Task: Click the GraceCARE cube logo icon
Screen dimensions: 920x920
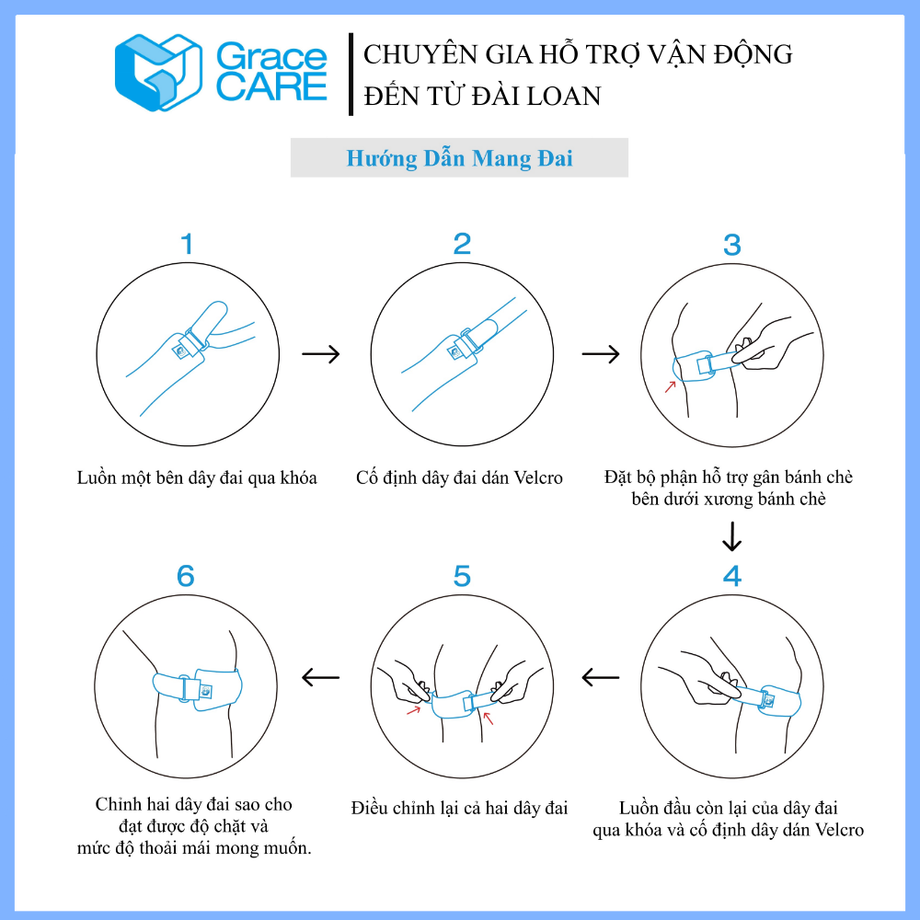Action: (158, 72)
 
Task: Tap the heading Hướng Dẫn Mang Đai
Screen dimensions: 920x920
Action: (459, 158)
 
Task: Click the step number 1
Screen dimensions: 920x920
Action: (187, 244)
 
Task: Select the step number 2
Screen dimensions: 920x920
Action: (462, 244)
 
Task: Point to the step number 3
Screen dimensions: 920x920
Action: (731, 246)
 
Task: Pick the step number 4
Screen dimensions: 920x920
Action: (731, 576)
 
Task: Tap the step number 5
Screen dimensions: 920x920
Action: (462, 576)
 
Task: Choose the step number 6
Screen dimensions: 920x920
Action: (186, 576)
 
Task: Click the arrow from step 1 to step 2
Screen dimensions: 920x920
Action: (321, 354)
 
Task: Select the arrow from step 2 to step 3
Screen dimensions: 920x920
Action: (601, 354)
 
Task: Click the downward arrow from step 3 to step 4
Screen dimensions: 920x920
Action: (731, 536)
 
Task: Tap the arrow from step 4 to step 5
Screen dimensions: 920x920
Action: (600, 678)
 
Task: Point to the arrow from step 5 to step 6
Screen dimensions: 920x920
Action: (320, 678)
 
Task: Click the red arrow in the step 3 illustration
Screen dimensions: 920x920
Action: (670, 386)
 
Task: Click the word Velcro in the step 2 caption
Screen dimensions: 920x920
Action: (538, 477)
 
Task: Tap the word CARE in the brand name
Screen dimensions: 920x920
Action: (271, 86)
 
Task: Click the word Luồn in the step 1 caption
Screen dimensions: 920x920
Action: (97, 477)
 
